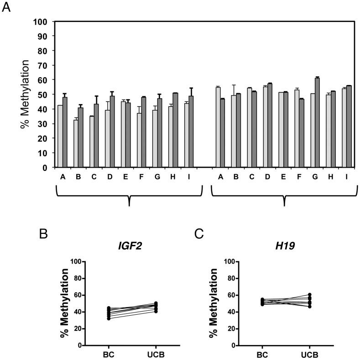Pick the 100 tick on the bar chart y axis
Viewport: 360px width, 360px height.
click(42, 21)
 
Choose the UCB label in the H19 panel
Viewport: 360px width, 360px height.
click(309, 355)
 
